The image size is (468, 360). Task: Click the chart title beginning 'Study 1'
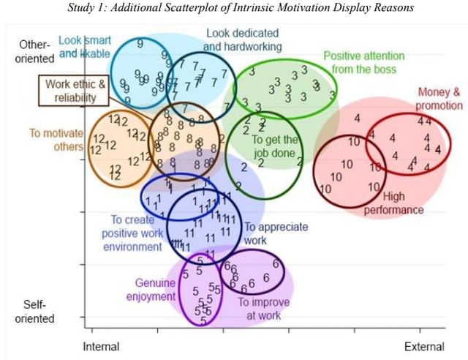click(234, 8)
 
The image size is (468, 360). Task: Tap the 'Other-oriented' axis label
click(35, 51)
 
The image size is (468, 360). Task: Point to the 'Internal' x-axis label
click(102, 346)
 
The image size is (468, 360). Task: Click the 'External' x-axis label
click(425, 346)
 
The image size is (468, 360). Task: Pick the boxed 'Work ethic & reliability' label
click(75, 91)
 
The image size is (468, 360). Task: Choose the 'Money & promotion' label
click(439, 99)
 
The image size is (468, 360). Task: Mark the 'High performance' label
click(403, 203)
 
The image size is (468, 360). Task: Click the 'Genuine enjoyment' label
click(154, 290)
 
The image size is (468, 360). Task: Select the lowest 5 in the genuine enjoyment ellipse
click(204, 320)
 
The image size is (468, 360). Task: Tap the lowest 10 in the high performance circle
click(325, 189)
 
